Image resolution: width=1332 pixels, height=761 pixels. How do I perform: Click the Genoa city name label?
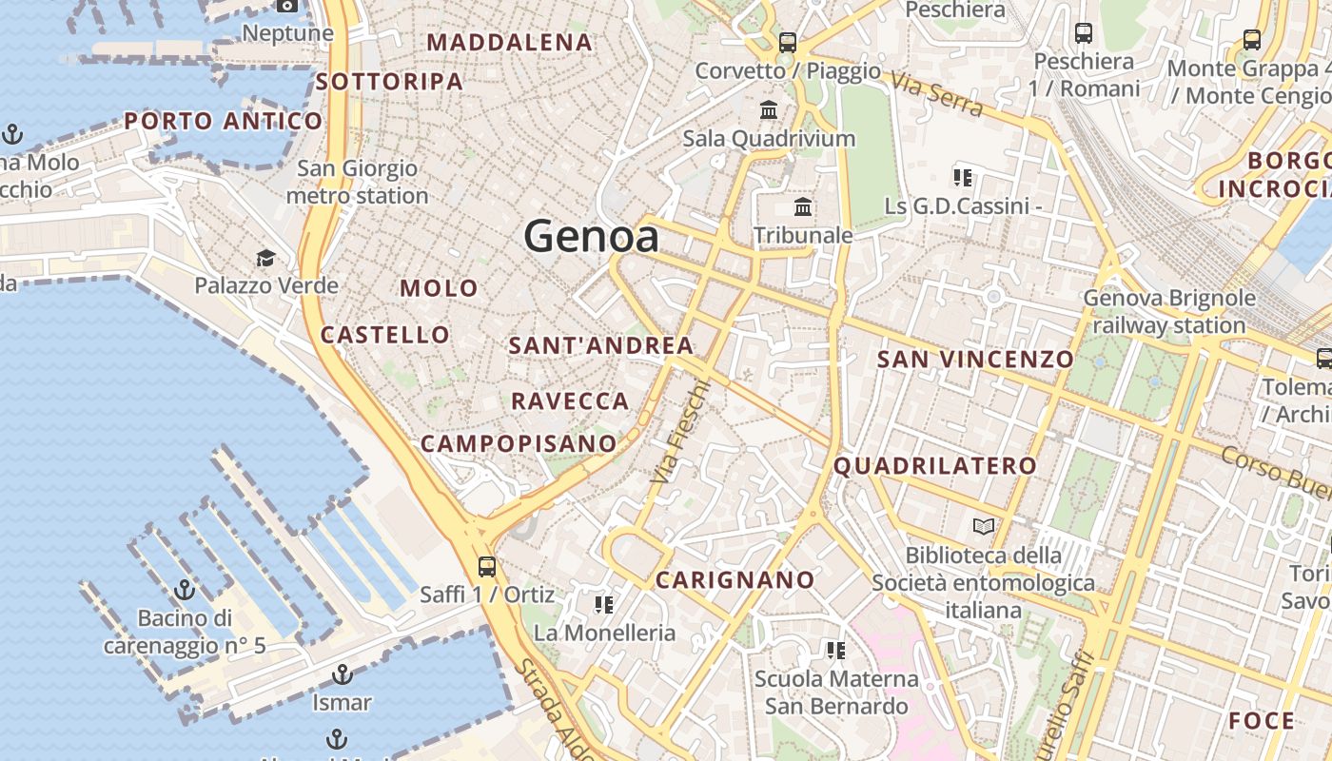(x=591, y=236)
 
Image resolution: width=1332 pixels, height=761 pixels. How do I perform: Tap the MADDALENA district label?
(x=510, y=43)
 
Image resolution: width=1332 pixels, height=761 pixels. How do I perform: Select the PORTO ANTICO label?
(x=224, y=121)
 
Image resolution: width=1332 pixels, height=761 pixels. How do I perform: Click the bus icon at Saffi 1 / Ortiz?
(x=487, y=567)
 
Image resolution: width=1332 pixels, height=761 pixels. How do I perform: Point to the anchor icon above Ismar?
(x=342, y=675)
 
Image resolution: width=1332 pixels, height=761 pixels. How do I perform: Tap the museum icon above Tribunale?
(x=803, y=206)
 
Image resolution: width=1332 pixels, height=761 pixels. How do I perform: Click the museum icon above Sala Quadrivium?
(x=769, y=109)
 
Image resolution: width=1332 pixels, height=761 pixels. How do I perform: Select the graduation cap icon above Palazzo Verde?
(x=265, y=258)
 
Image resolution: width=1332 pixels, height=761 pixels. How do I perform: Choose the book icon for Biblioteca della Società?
(x=983, y=526)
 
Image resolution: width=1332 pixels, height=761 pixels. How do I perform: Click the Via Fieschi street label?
(x=681, y=431)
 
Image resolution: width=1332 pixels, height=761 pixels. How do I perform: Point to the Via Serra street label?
(x=938, y=97)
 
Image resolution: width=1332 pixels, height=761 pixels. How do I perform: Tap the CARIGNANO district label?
(x=735, y=579)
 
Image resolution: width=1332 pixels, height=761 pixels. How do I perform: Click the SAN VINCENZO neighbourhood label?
(x=975, y=360)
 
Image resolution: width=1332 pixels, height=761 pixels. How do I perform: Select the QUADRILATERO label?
(x=935, y=466)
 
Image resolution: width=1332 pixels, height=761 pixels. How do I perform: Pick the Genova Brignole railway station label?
(x=1169, y=312)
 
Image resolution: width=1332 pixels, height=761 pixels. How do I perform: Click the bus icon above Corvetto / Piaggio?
(x=788, y=42)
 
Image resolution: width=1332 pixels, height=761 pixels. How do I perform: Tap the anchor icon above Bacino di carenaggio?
(x=185, y=590)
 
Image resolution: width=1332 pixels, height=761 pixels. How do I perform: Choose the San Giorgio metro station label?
(x=357, y=182)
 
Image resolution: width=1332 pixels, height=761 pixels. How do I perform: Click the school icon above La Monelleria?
(x=603, y=604)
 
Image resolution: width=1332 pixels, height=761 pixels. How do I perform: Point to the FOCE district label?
(x=1262, y=721)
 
